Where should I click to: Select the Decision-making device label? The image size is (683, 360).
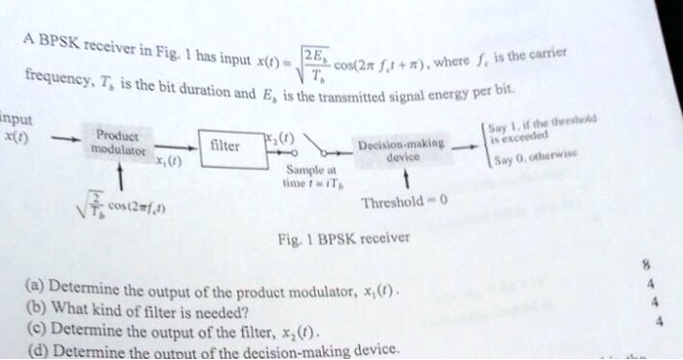401,149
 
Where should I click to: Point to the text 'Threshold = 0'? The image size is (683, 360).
403,203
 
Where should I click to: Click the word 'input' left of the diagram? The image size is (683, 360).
17,120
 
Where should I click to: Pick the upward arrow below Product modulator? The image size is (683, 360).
117,177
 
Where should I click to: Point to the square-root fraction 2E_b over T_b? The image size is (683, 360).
316,62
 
